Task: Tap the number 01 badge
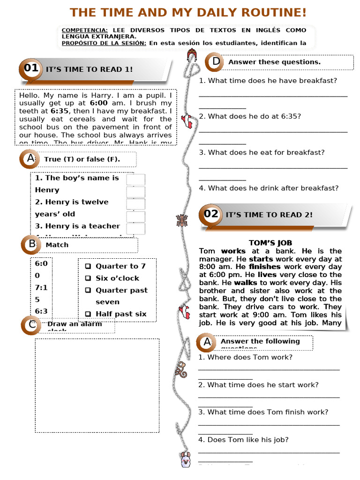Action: tap(31, 68)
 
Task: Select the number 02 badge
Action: tap(211, 214)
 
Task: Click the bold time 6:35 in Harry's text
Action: tap(60, 111)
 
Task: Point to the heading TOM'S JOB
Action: tap(270, 243)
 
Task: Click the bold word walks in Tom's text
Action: tap(246, 283)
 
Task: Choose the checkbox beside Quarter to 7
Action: tap(88, 266)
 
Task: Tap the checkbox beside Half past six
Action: tap(88, 314)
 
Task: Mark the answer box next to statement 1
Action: tap(135, 180)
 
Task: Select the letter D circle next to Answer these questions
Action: tap(216, 61)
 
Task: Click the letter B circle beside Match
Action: tap(32, 244)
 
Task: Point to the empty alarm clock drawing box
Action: tap(97, 385)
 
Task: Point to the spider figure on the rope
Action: tap(182, 220)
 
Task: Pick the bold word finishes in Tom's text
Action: tap(265, 267)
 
